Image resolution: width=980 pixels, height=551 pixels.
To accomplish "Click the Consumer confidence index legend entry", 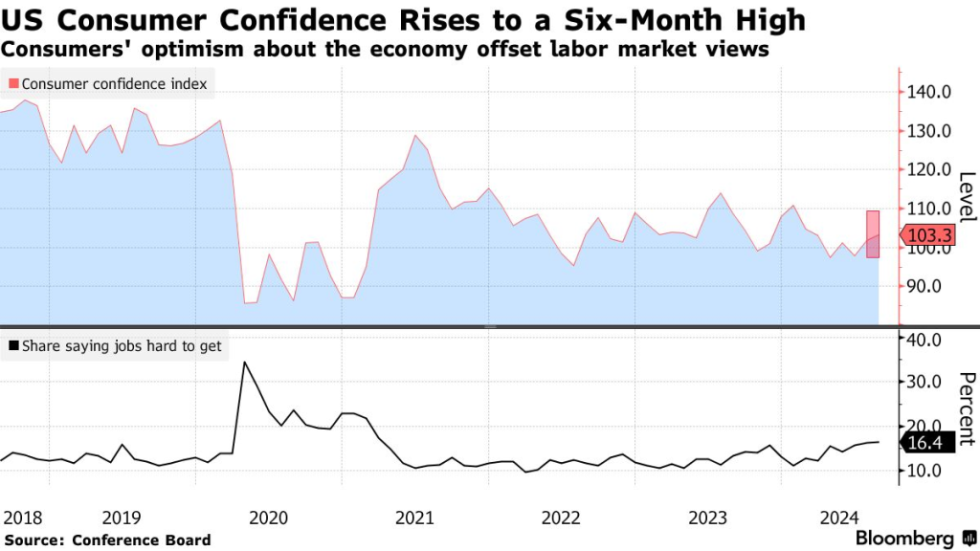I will click(107, 84).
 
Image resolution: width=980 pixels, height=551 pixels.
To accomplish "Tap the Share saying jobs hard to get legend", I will click(115, 346).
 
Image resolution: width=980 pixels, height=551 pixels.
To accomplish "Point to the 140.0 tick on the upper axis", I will click(929, 92).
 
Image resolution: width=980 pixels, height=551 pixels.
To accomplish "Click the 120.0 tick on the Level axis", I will click(929, 169).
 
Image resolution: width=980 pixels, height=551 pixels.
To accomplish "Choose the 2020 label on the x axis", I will click(268, 518).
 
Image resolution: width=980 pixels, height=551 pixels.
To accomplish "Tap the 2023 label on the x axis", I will click(708, 518).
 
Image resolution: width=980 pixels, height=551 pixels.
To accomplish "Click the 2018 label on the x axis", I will click(22, 518).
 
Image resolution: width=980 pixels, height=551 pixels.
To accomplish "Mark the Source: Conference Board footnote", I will click(105, 540).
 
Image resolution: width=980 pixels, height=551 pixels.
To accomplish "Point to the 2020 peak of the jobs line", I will click(244, 363).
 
